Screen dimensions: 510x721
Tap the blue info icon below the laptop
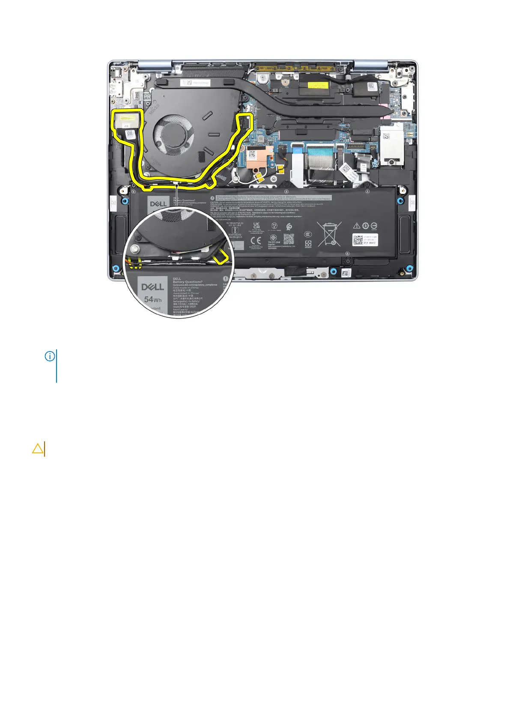[50, 356]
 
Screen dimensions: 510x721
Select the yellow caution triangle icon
[38, 448]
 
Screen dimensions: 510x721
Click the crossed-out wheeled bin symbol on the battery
[329, 234]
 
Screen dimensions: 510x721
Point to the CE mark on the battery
[256, 240]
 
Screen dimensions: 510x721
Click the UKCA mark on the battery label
[256, 225]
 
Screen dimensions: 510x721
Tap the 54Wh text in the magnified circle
[152, 299]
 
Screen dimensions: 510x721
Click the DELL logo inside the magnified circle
[152, 286]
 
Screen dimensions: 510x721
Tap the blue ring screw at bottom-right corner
[410, 268]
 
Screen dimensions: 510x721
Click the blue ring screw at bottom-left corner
[116, 268]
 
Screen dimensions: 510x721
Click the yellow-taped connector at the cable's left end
[126, 117]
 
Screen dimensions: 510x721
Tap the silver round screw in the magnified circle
[134, 248]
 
